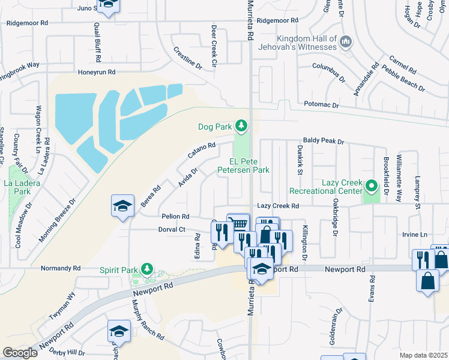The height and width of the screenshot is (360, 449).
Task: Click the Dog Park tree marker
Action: [241, 125]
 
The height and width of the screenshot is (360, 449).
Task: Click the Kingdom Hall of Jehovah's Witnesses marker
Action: [345, 41]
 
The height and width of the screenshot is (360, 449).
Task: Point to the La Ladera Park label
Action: [17, 187]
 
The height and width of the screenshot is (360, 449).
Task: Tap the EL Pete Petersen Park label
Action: [250, 166]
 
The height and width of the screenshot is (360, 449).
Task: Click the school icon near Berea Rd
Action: [122, 207]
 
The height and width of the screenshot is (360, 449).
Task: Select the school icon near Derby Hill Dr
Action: [119, 331]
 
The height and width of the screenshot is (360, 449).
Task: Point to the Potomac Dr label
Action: [322, 105]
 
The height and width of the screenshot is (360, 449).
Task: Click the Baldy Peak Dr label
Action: [323, 142]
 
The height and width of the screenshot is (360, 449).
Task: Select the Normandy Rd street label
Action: [60, 268]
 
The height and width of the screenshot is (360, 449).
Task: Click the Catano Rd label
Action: [202, 151]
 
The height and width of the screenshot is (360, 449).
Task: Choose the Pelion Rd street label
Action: [175, 216]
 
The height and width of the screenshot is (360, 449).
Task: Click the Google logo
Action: [20, 353]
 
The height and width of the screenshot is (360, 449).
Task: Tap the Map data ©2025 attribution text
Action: [423, 355]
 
